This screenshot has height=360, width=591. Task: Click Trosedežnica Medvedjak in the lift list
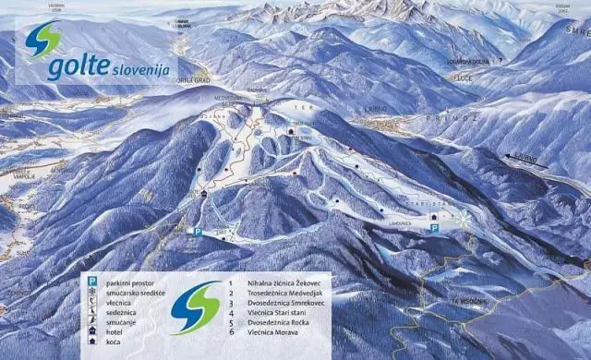[x=290, y=293]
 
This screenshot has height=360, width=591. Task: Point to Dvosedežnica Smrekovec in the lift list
[x=292, y=304]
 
